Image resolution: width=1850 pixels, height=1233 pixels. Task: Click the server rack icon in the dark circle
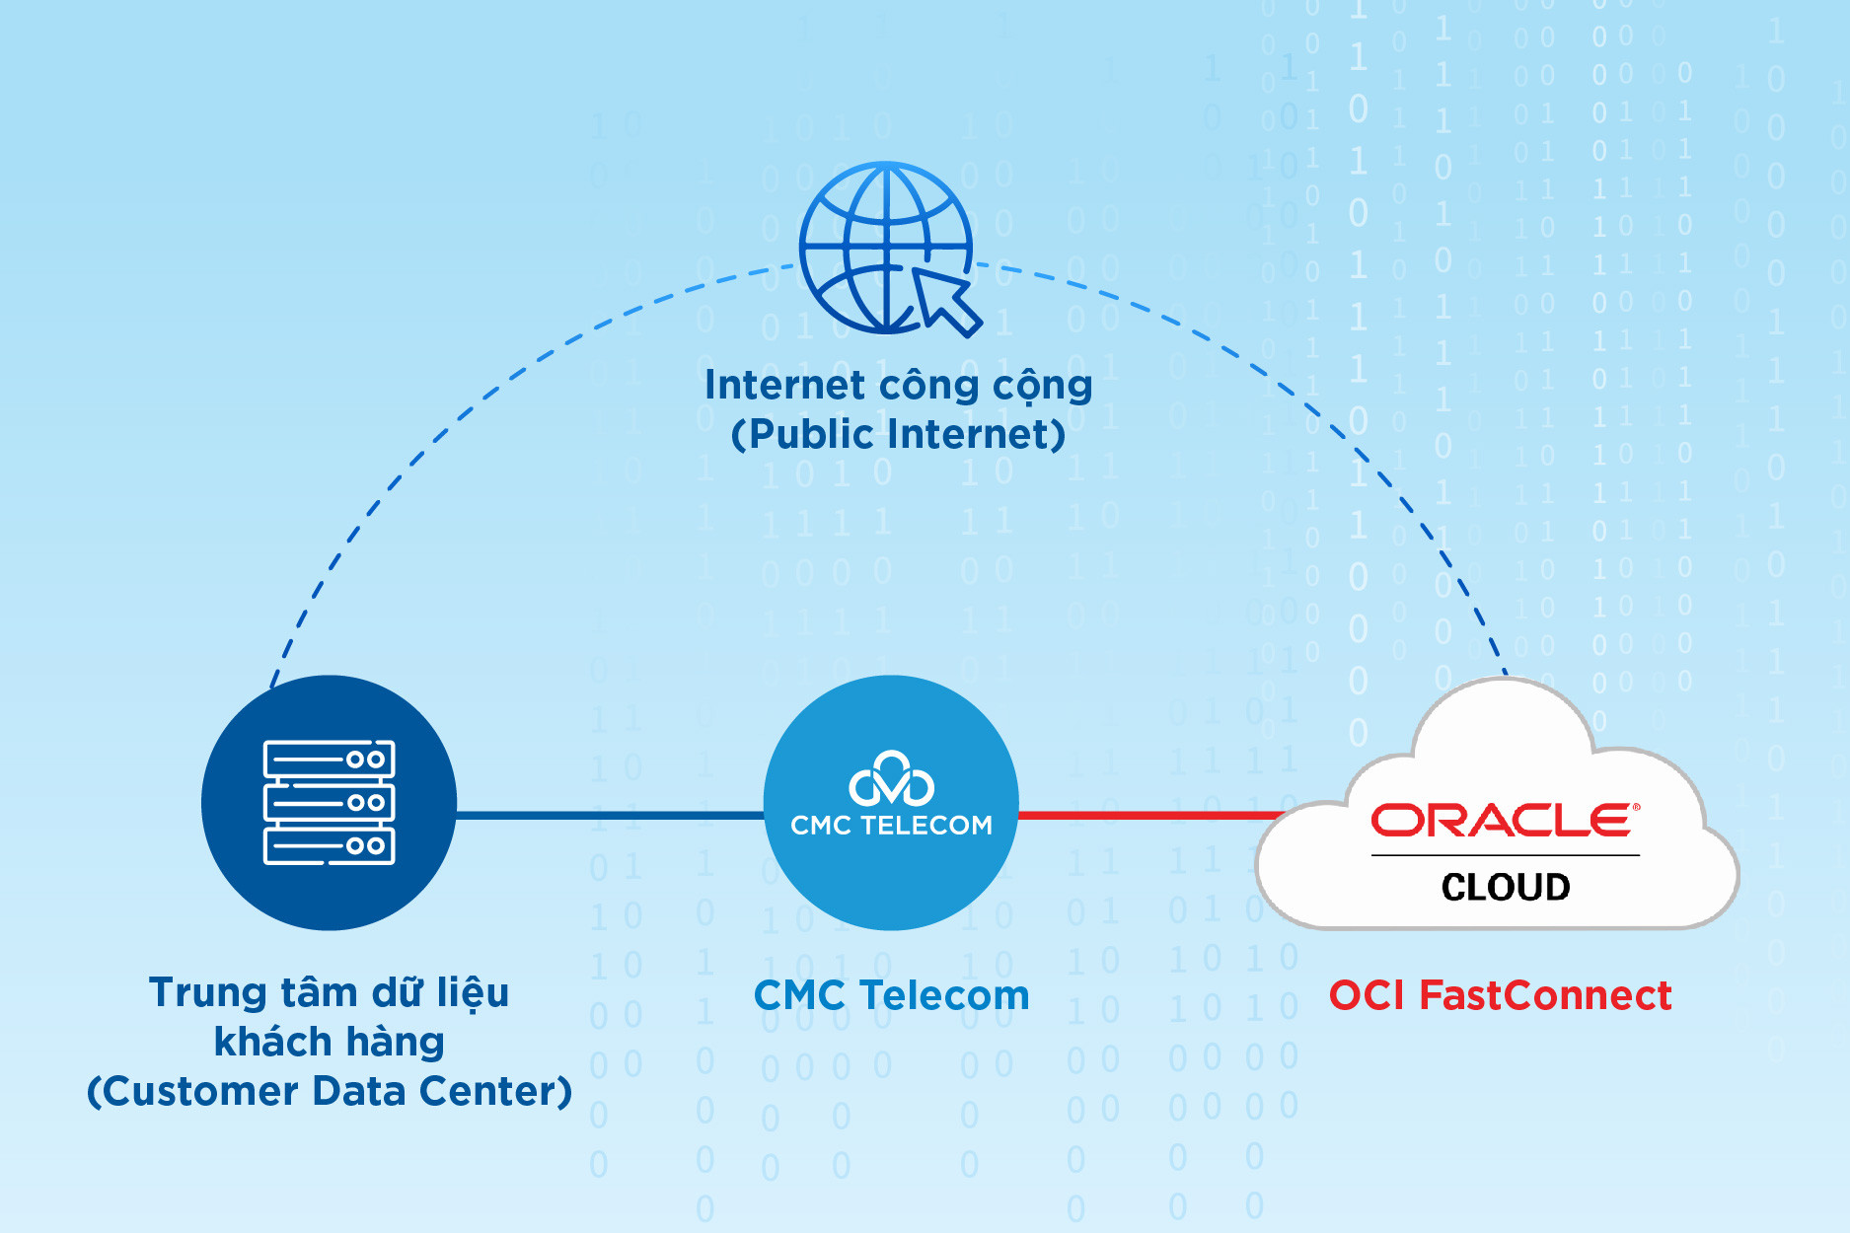click(x=329, y=802)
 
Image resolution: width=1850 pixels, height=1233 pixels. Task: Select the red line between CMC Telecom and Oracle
click(x=1145, y=815)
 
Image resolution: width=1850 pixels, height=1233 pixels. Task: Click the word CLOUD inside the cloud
click(x=1506, y=887)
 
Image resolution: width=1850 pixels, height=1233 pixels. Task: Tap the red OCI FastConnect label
click(x=1500, y=995)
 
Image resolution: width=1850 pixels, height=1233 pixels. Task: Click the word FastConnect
click(x=1545, y=995)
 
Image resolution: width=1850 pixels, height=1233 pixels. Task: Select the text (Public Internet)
click(x=898, y=434)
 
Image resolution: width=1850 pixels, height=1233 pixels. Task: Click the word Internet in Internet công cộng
click(x=784, y=385)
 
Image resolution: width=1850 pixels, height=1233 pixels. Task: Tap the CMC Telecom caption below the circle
click(x=891, y=995)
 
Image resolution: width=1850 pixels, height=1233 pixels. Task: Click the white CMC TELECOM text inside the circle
click(x=891, y=826)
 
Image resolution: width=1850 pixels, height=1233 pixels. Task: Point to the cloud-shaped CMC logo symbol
click(x=891, y=779)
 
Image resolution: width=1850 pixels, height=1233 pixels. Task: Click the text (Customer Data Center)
click(x=329, y=1091)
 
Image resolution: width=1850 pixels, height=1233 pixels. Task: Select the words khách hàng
click(x=329, y=1042)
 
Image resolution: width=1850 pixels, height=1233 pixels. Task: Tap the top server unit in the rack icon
click(x=329, y=760)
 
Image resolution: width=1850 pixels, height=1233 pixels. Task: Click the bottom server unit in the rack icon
click(x=329, y=845)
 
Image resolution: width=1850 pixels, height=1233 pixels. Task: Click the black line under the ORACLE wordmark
click(x=1505, y=855)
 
